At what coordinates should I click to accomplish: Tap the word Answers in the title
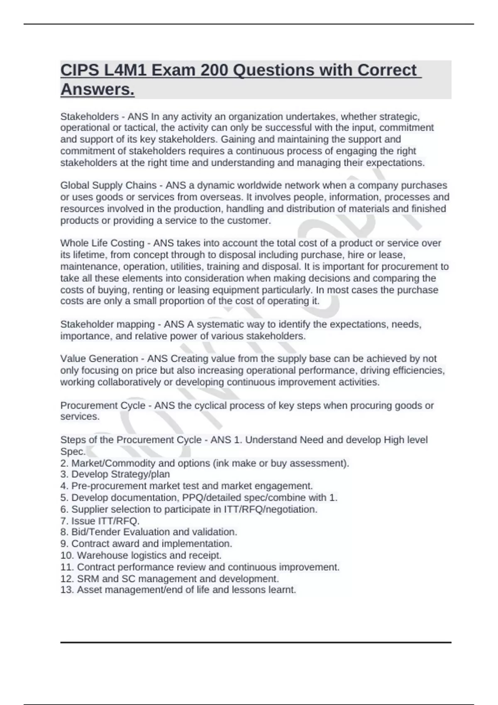(98, 89)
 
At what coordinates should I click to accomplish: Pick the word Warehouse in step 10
(103, 555)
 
